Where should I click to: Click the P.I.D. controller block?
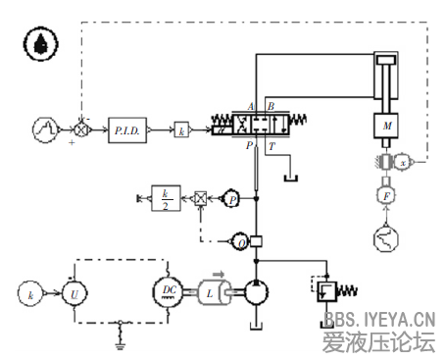point(127,129)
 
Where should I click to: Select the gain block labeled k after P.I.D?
point(181,129)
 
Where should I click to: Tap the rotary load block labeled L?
point(213,291)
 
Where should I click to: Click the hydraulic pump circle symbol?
point(256,291)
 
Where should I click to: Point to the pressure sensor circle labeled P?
point(232,198)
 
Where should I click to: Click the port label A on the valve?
point(252,106)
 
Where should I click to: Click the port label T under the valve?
point(272,145)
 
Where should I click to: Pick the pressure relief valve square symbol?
point(325,291)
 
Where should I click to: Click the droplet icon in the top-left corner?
point(40,42)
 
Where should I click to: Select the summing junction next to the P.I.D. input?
point(80,129)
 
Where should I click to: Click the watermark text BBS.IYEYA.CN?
point(378,319)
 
